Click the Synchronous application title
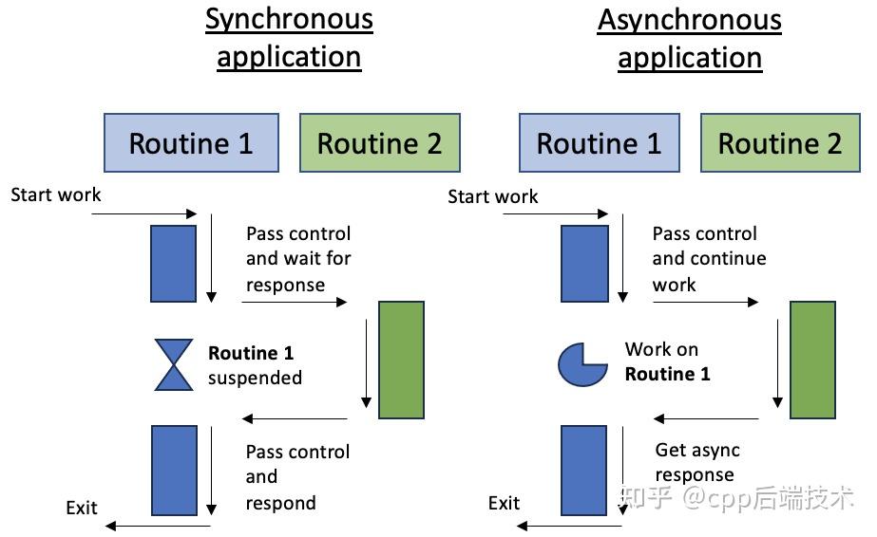[x=289, y=39]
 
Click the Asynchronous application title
[x=690, y=39]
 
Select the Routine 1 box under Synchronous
[x=191, y=143]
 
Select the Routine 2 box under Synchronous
[x=380, y=143]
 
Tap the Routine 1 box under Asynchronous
[x=599, y=143]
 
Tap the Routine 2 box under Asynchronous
[x=780, y=143]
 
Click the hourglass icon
[x=174, y=364]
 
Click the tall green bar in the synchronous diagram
[x=401, y=360]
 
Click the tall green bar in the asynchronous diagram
[x=812, y=360]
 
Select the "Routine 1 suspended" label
[x=255, y=365]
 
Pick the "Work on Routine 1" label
[x=667, y=361]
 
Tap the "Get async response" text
[x=696, y=462]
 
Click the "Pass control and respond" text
[x=297, y=477]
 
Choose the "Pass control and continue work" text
[x=709, y=259]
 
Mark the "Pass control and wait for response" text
[x=298, y=259]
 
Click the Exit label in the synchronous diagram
[x=82, y=508]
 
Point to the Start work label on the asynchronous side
[x=493, y=196]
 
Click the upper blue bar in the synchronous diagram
[x=173, y=264]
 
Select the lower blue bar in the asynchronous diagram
[x=584, y=470]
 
